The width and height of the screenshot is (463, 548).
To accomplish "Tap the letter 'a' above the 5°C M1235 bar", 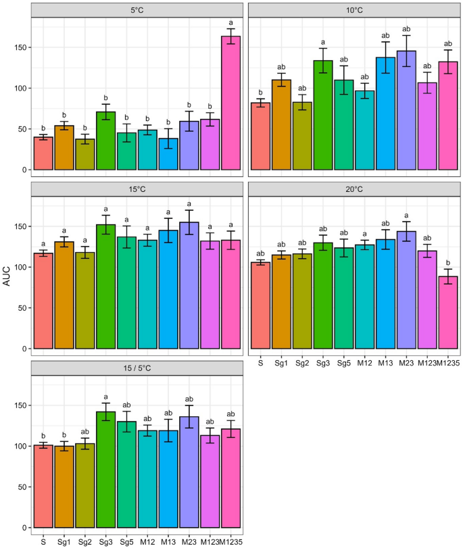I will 230,22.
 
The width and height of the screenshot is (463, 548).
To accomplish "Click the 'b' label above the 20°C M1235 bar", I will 448,263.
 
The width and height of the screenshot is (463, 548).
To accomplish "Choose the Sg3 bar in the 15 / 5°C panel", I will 106,470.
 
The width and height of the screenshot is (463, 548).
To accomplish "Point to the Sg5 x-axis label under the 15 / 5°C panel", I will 126,541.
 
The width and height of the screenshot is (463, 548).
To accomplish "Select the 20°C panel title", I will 354,190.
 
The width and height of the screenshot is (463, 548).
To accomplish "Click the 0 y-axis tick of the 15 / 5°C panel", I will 22,528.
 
